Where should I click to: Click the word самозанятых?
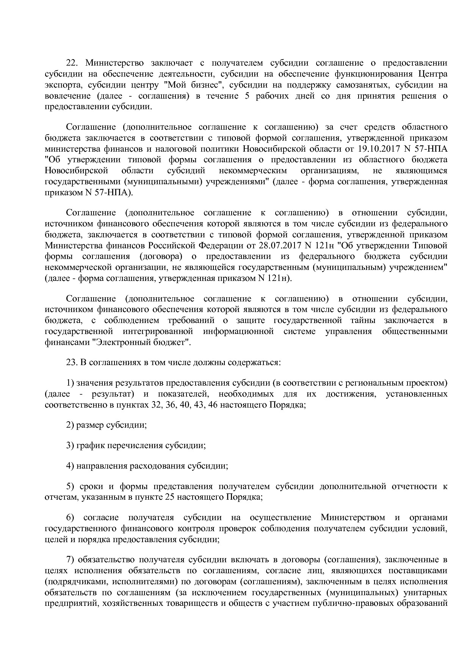355,85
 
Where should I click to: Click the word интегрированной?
158,331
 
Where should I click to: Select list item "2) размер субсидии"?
107,425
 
